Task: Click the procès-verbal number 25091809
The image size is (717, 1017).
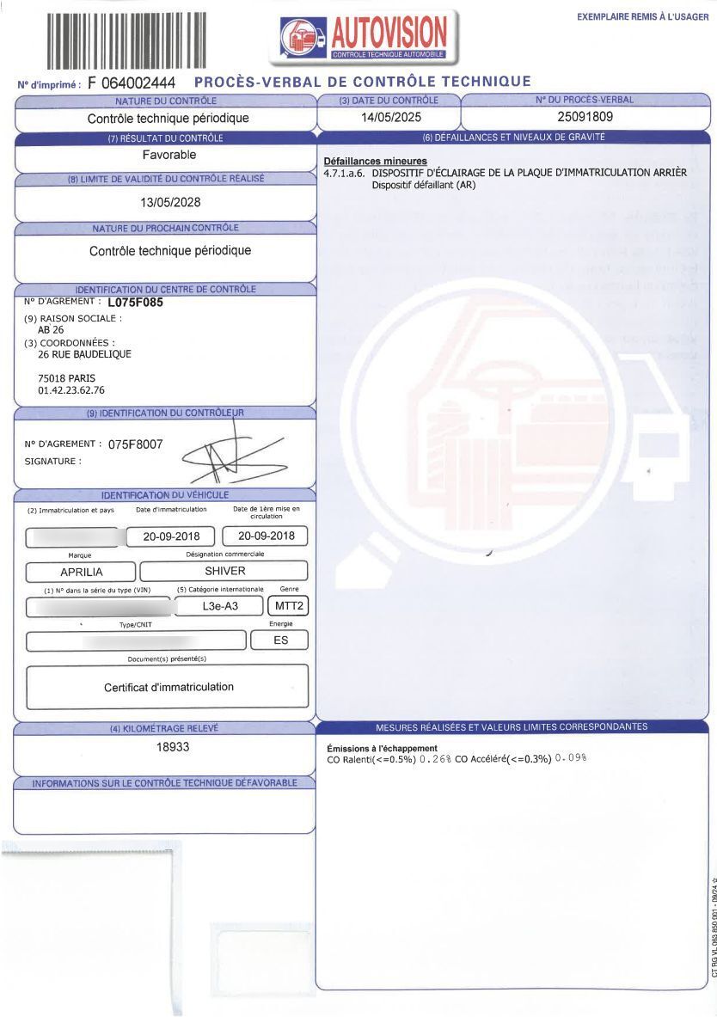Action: tap(585, 117)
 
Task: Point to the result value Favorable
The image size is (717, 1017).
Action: tap(169, 155)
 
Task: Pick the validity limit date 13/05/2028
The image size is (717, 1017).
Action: tap(170, 203)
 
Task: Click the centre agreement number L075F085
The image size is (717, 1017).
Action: tap(136, 303)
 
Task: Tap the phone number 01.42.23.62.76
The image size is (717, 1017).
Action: tap(71, 390)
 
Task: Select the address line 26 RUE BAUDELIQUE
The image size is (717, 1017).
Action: tap(85, 354)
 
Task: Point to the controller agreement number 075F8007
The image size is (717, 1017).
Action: tap(135, 444)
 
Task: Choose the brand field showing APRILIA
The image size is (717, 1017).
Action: tap(82, 572)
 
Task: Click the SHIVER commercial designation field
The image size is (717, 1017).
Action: tap(224, 571)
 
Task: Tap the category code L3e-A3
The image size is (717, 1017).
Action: tap(218, 606)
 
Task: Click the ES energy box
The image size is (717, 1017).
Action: tap(280, 640)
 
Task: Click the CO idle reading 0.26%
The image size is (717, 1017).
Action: tap(436, 759)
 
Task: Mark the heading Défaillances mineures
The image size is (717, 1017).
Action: tap(375, 162)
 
